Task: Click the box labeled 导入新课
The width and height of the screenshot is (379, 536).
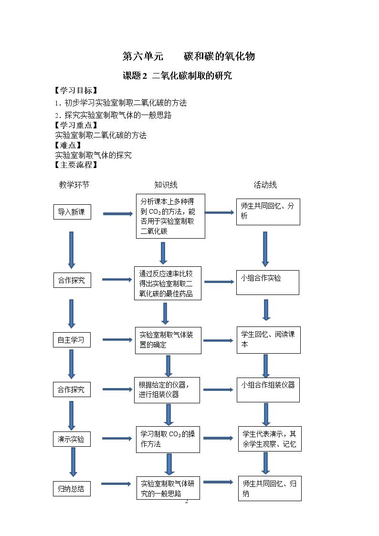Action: (x=72, y=212)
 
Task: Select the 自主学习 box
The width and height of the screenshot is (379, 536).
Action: (x=72, y=340)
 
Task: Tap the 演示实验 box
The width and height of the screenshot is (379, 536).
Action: (x=72, y=439)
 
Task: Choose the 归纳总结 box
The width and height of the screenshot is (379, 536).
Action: (x=72, y=488)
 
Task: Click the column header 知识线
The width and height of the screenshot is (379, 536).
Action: (x=166, y=185)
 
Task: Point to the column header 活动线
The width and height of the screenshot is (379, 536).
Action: (x=265, y=185)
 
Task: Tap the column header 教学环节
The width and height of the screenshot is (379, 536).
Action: (x=74, y=185)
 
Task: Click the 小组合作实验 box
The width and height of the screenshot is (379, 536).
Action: (x=268, y=283)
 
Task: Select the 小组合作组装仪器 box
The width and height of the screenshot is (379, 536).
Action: (x=268, y=389)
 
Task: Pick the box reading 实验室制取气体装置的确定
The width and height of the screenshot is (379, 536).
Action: (x=168, y=340)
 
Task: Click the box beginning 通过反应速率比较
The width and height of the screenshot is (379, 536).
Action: (x=168, y=284)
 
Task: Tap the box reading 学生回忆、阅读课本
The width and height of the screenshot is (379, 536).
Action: (x=269, y=340)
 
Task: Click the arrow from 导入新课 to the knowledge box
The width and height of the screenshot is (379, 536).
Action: (x=118, y=214)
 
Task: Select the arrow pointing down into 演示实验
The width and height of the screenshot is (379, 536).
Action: (x=72, y=415)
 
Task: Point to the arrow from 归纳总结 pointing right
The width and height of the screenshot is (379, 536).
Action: (x=116, y=483)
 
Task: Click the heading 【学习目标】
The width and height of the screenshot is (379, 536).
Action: (x=76, y=90)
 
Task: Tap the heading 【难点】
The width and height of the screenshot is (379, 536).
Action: (x=68, y=145)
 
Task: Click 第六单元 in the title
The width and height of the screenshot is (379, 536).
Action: (x=143, y=56)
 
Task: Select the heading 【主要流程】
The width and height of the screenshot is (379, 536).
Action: (x=76, y=165)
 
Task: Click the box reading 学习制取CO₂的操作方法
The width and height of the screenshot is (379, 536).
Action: (x=168, y=439)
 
